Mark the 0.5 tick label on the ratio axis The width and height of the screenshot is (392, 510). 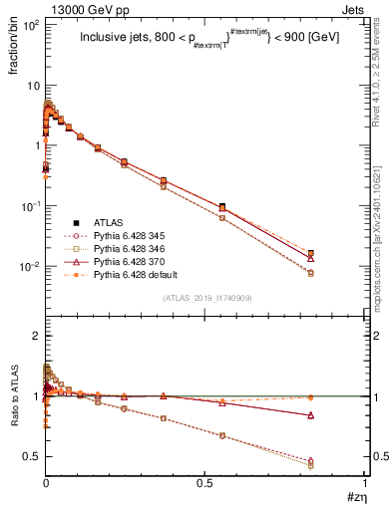pyautogui.click(x=31, y=457)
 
